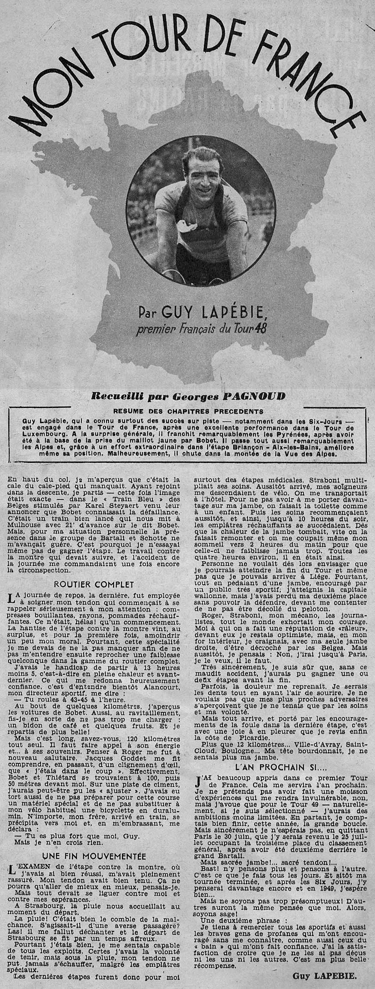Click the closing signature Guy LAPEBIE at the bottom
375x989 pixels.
click(327, 976)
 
